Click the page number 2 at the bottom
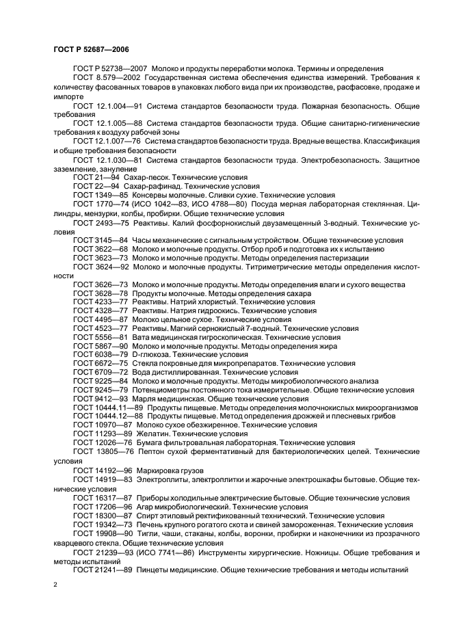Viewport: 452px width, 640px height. pos(55,584)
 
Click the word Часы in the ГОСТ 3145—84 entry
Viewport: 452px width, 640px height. pos(143,240)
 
